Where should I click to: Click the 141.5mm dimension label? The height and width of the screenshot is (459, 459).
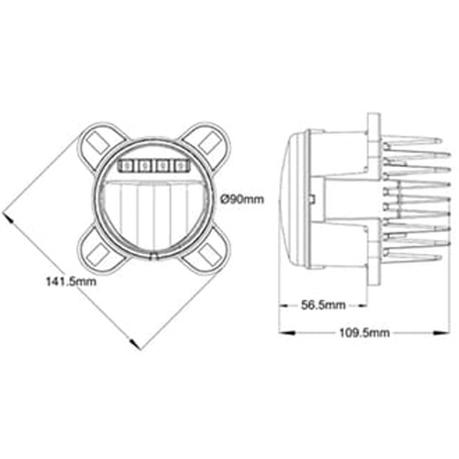click(71, 282)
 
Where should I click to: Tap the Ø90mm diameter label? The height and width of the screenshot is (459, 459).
click(242, 200)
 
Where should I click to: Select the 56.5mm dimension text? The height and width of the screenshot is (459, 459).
click(323, 305)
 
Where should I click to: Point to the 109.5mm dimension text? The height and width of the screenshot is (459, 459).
click(364, 333)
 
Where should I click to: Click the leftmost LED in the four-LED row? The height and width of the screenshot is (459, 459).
click(126, 166)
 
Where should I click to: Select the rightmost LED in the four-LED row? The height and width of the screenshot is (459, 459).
click(181, 166)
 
